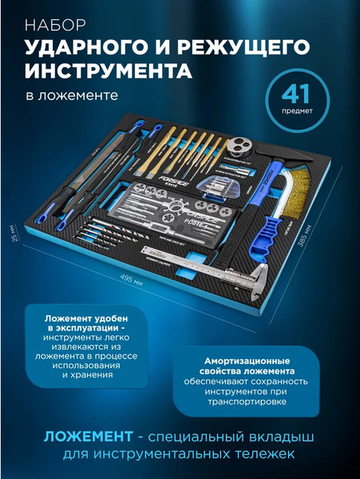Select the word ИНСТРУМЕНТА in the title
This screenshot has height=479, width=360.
[109, 71]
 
